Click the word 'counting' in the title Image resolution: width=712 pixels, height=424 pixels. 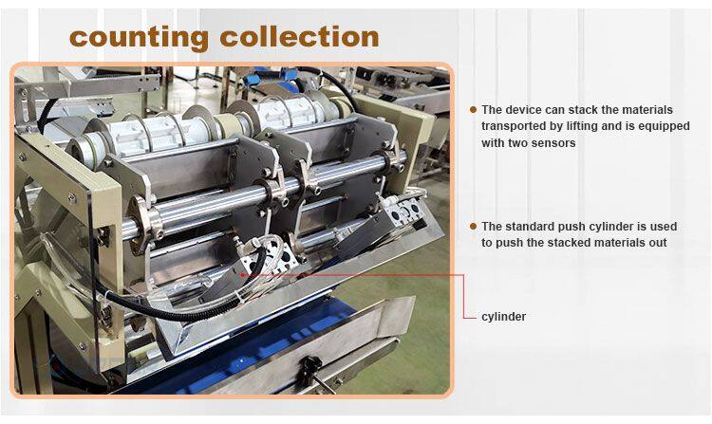click(x=139, y=38)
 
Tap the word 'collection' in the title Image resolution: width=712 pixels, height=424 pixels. click(x=299, y=36)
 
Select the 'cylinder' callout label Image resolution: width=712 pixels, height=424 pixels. click(x=503, y=317)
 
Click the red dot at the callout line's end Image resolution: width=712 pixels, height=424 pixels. click(x=243, y=275)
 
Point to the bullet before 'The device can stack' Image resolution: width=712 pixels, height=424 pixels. click(x=473, y=110)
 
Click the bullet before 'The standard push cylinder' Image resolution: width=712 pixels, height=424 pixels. click(x=473, y=226)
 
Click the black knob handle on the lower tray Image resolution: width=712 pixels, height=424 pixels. click(x=310, y=364)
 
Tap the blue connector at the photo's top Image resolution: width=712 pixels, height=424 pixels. click(x=252, y=81)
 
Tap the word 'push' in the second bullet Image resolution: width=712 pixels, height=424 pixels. click(x=570, y=227)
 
